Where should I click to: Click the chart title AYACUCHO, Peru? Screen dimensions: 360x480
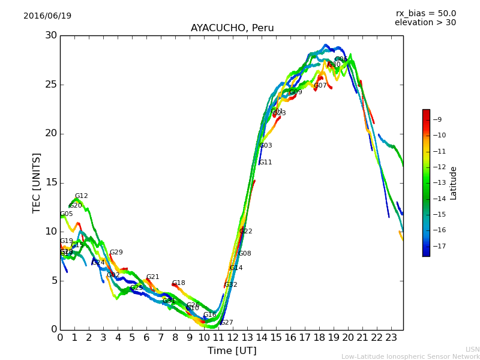click(x=232, y=28)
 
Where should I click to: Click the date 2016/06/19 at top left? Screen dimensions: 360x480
click(x=47, y=16)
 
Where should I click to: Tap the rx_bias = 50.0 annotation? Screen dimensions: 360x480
click(x=426, y=14)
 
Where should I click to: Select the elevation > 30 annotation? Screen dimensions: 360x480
click(x=425, y=23)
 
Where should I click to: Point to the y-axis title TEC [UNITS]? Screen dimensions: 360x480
click(x=37, y=182)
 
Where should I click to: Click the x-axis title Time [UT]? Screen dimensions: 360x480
click(x=232, y=351)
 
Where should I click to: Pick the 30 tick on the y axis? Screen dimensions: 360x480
click(x=51, y=35)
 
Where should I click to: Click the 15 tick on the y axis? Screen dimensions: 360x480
click(x=51, y=182)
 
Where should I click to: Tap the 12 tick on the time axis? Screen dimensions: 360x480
click(x=233, y=338)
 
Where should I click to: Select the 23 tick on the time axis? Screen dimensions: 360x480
click(x=391, y=338)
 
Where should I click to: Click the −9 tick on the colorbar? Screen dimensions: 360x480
click(x=437, y=120)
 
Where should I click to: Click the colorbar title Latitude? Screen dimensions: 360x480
click(x=454, y=183)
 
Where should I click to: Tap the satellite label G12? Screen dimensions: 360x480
click(x=81, y=196)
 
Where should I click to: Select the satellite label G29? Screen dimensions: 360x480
click(x=116, y=253)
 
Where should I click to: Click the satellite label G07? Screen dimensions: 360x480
click(x=320, y=86)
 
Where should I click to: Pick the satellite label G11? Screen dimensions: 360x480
click(x=265, y=163)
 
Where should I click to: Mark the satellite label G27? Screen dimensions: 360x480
click(x=226, y=323)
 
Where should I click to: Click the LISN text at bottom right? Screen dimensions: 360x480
click(x=473, y=349)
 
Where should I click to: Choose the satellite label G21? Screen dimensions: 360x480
click(x=152, y=277)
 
